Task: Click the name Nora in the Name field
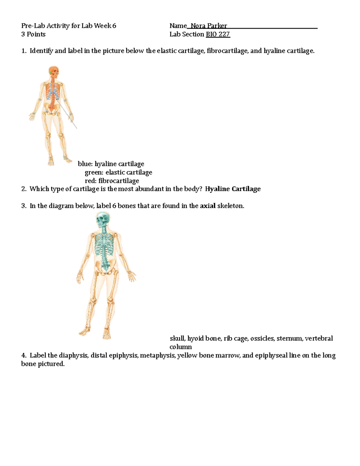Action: point(198,26)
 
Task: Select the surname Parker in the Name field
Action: point(217,26)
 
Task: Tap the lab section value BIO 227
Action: point(218,34)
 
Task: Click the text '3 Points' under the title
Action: point(33,34)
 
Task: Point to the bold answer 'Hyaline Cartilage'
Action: point(233,189)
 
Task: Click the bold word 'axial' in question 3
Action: point(208,206)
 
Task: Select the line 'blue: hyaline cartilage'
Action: point(111,164)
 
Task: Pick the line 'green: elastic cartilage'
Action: point(118,172)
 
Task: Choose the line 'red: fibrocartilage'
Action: point(112,181)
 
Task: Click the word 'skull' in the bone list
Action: point(177,338)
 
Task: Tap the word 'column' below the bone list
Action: point(181,347)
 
